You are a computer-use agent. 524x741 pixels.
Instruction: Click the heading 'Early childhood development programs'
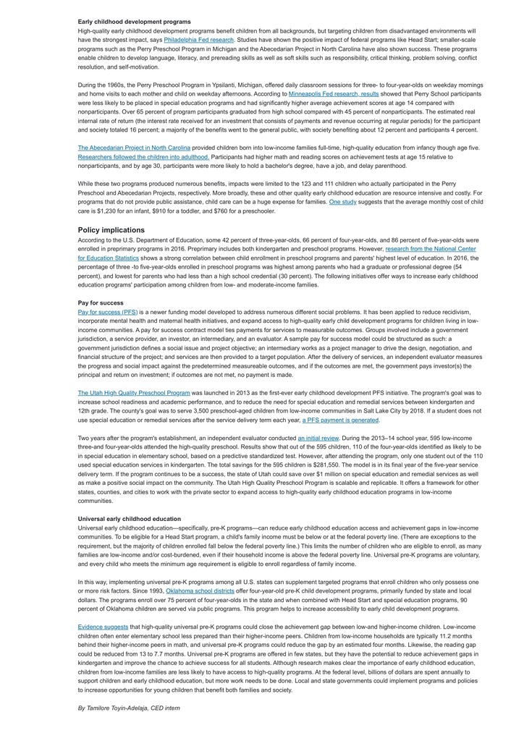coord(135,22)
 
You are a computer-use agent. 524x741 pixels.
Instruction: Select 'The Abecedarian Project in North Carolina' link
coord(134,148)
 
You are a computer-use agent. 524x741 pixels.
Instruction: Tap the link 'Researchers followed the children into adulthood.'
coord(133,156)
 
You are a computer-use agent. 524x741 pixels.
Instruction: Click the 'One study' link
coord(342,202)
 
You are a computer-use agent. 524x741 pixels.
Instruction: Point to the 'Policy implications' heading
coord(111,230)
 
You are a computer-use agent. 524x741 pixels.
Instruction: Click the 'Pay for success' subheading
coord(101,302)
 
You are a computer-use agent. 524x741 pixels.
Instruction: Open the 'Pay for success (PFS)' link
coord(107,312)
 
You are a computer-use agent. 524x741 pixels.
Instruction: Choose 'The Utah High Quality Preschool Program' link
coord(134,393)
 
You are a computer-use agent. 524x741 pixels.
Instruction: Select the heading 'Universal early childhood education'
coord(130,519)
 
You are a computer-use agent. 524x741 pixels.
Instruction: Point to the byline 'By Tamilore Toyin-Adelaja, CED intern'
coord(129,708)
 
